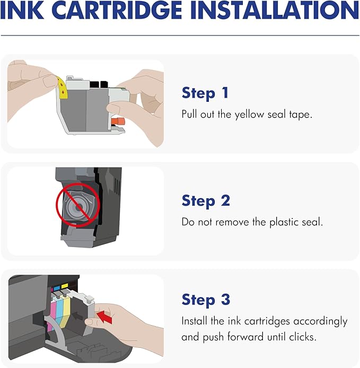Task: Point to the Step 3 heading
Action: [206, 300]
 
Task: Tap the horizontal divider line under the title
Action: [180, 36]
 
